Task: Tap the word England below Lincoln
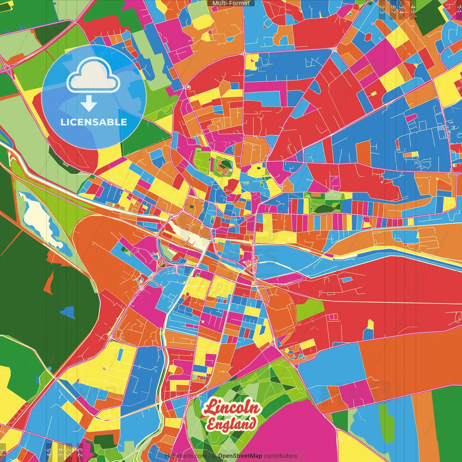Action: click(231, 424)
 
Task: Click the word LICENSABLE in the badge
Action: click(94, 122)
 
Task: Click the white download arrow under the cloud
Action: click(89, 104)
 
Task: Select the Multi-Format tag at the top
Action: click(231, 3)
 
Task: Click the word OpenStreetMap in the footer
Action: click(240, 456)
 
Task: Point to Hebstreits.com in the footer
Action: click(186, 456)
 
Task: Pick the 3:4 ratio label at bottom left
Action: click(61, 452)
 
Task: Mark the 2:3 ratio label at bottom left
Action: click(80, 452)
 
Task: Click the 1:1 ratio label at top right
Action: click(458, 9)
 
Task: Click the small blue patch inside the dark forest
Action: click(68, 312)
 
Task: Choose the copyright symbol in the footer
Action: click(214, 456)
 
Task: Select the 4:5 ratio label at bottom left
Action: click(49, 452)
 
